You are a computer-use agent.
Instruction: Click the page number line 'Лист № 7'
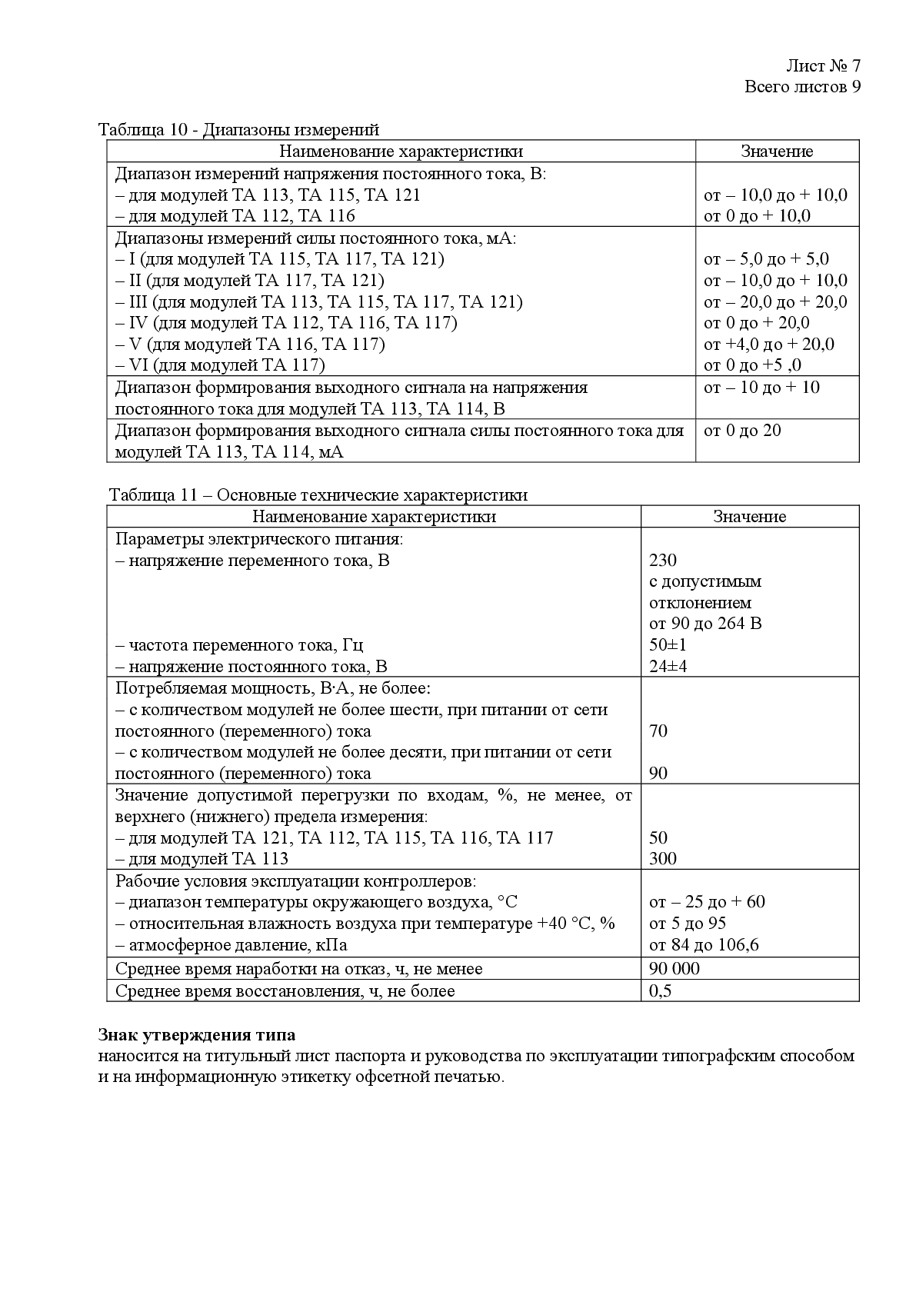click(822, 65)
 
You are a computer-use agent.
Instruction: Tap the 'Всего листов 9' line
click(801, 86)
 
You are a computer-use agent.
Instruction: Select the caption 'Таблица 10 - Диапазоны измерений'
click(239, 129)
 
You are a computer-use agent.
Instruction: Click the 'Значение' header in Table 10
click(777, 151)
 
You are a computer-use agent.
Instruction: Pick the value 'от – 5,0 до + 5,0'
click(766, 259)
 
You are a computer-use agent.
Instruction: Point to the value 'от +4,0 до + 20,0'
click(768, 344)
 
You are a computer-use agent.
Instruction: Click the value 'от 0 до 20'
click(742, 430)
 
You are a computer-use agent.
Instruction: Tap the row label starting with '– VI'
click(220, 365)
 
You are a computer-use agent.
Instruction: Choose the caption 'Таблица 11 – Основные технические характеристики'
click(318, 494)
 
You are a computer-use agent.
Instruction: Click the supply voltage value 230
click(663, 560)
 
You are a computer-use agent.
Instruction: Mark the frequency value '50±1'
click(668, 644)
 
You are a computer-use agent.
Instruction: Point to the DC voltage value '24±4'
click(668, 666)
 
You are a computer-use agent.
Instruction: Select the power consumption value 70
click(658, 731)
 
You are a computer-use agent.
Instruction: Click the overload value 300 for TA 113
click(663, 858)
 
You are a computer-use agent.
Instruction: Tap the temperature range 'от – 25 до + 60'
click(707, 901)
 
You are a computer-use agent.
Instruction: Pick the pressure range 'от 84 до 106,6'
click(704, 944)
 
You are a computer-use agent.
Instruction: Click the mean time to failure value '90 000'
click(675, 968)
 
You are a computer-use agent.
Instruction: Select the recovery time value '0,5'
click(660, 990)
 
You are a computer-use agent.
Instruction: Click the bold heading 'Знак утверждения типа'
click(197, 1034)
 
